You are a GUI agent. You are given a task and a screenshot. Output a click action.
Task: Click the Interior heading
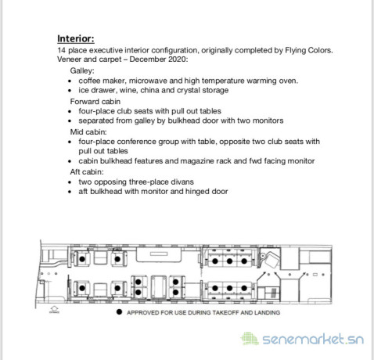(x=76, y=38)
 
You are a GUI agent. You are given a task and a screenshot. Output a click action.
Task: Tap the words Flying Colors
(x=309, y=50)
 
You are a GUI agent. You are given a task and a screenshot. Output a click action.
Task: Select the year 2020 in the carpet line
(x=178, y=59)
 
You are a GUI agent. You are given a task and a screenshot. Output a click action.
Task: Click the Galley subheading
(x=82, y=70)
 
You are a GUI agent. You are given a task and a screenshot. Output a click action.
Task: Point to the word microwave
(x=148, y=81)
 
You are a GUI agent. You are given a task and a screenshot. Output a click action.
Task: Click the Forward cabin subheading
(x=95, y=102)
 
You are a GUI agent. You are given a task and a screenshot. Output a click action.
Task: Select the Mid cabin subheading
(x=88, y=131)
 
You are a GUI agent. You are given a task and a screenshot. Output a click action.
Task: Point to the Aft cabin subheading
(x=87, y=172)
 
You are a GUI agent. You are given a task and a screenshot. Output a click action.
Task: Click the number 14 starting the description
(x=61, y=50)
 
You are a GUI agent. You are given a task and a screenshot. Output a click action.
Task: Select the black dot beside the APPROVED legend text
(x=119, y=312)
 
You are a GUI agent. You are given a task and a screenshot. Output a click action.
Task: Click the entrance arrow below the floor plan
(x=54, y=309)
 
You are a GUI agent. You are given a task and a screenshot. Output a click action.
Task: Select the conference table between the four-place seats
(x=158, y=286)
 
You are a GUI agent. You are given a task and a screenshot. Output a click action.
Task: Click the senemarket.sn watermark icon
(x=250, y=339)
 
